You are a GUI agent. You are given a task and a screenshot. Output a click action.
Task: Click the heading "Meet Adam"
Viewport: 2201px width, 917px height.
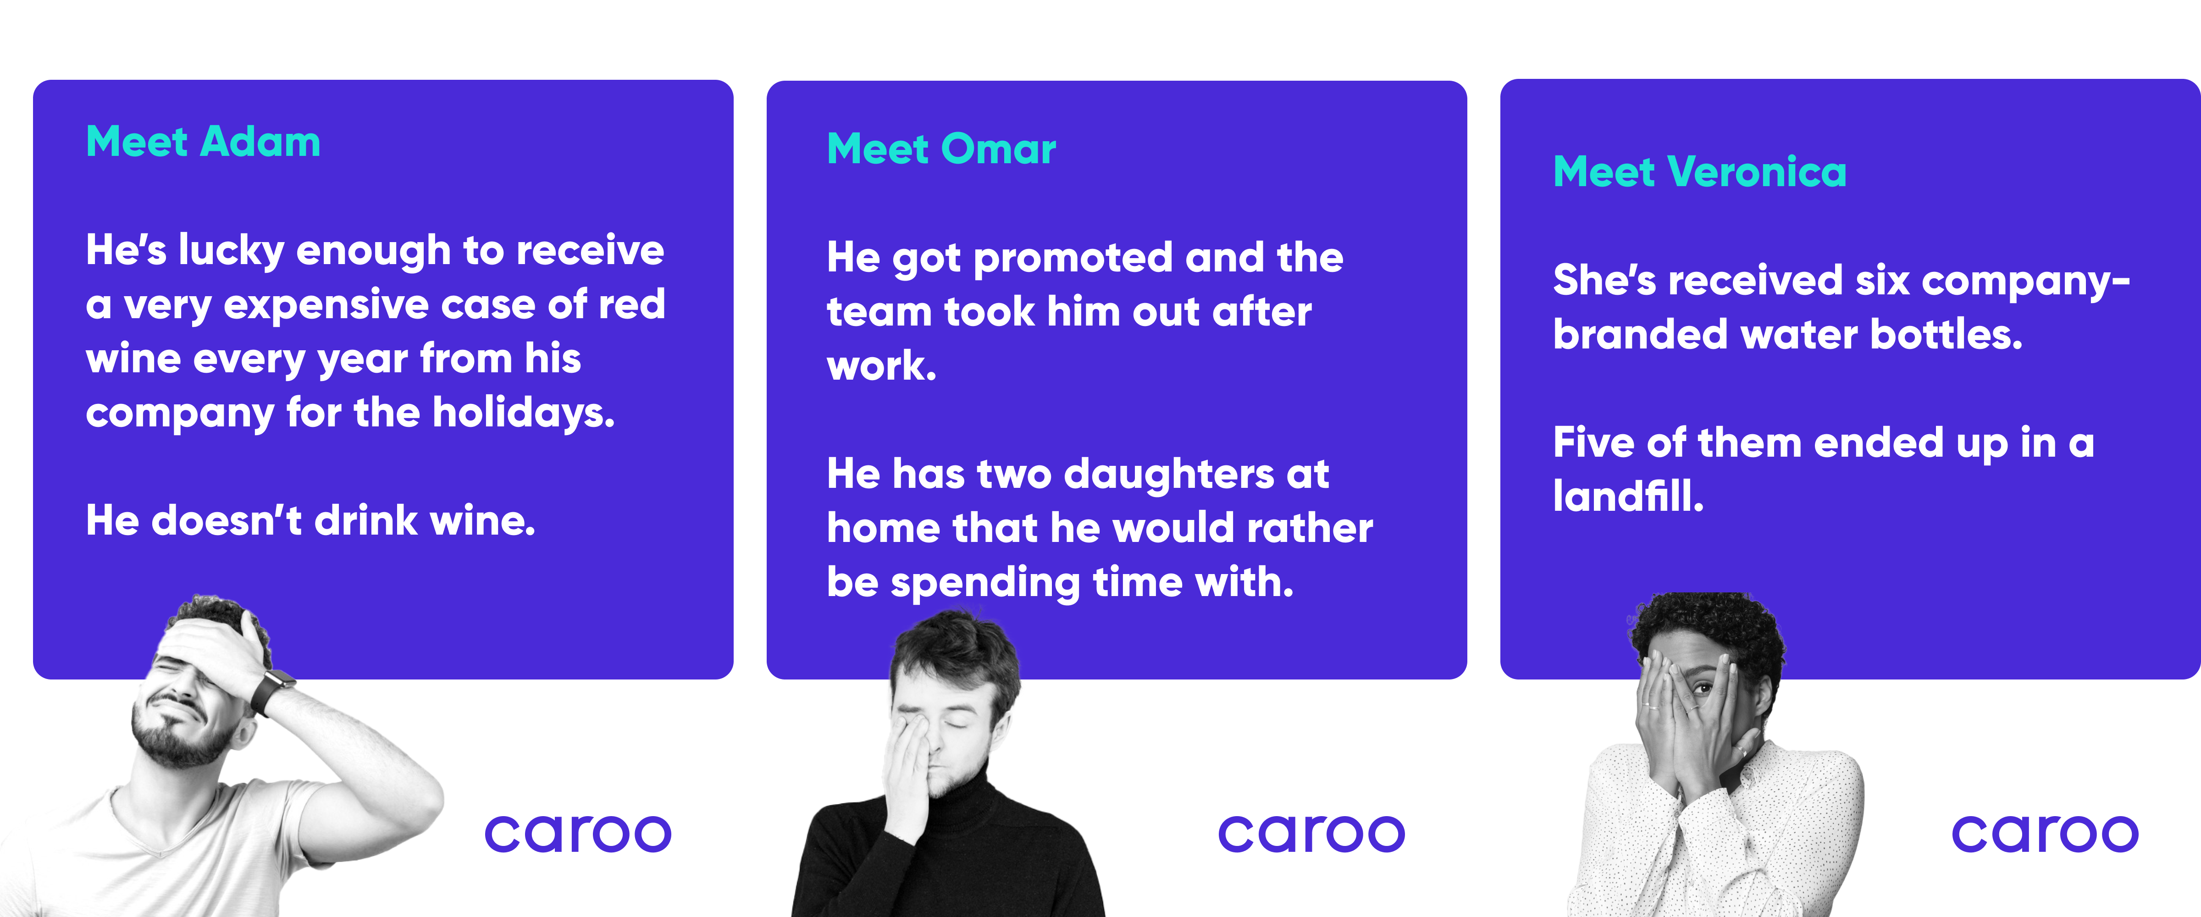(203, 142)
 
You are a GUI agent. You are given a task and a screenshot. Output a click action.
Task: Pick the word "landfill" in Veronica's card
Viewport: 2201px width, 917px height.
(1629, 496)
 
